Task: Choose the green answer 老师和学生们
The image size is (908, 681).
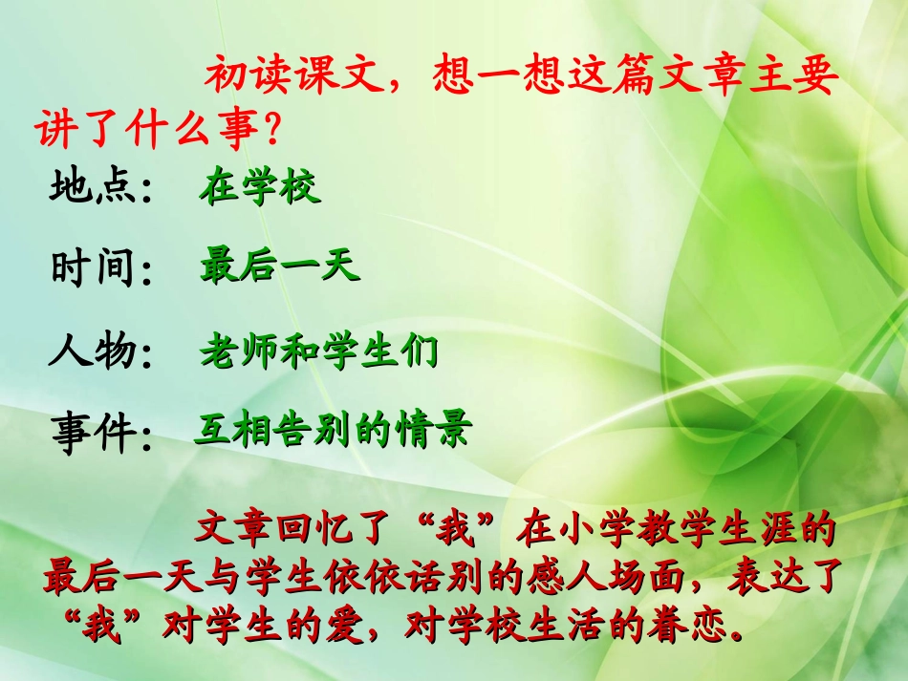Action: pyautogui.click(x=319, y=351)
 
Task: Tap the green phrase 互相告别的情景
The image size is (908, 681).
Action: pyautogui.click(x=333, y=430)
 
